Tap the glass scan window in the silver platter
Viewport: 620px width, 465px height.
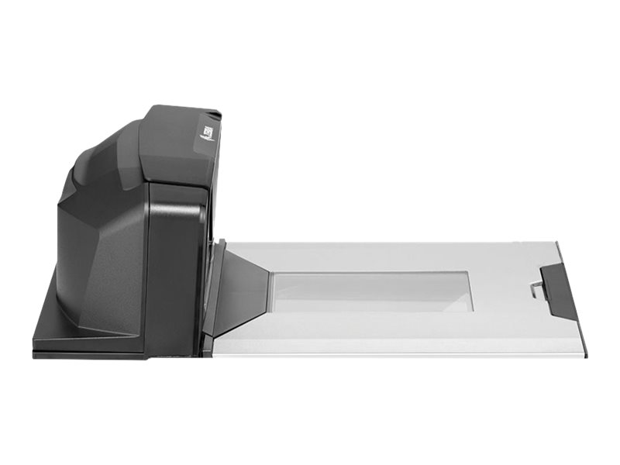372,291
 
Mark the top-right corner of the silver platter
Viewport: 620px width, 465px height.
557,243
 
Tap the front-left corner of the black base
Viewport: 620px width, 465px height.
36,353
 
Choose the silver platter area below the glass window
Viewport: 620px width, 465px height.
372,329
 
